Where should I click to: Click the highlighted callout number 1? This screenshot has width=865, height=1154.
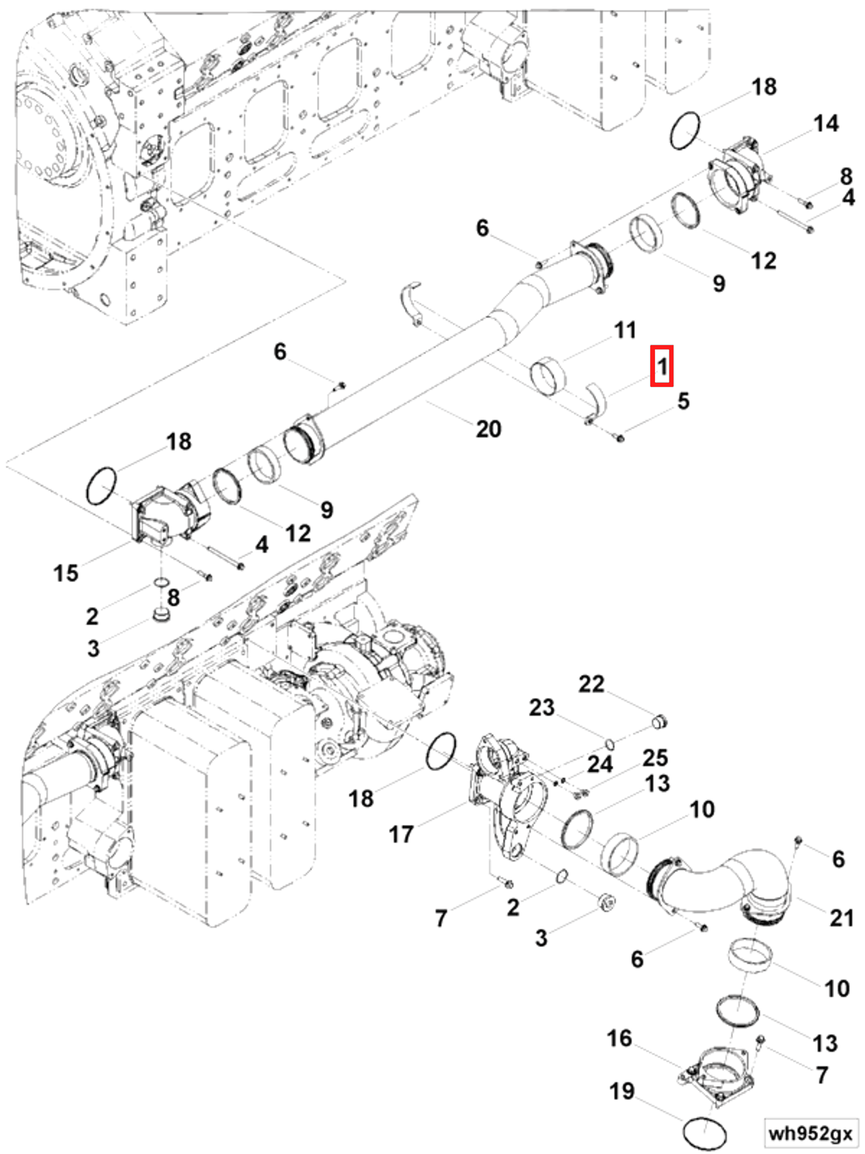tap(661, 366)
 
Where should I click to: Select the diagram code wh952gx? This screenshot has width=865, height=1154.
tap(810, 1132)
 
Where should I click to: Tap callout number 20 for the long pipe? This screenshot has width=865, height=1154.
tap(488, 429)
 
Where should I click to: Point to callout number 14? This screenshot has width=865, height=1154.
tap(825, 124)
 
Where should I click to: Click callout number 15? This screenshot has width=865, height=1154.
tap(66, 573)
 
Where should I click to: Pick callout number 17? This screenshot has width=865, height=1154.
tap(401, 834)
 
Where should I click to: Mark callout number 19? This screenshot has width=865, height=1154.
tap(622, 1090)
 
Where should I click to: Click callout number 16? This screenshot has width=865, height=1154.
tap(619, 1038)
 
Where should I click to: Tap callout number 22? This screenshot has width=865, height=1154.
tap(591, 684)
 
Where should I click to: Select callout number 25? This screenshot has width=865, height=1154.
tap(655, 758)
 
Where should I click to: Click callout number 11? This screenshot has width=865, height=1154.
tap(625, 330)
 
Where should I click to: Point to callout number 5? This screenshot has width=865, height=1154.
tap(683, 401)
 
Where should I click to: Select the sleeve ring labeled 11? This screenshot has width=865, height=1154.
tap(547, 377)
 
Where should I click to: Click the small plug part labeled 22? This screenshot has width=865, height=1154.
tap(660, 722)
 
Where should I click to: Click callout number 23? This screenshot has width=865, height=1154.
tap(542, 708)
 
